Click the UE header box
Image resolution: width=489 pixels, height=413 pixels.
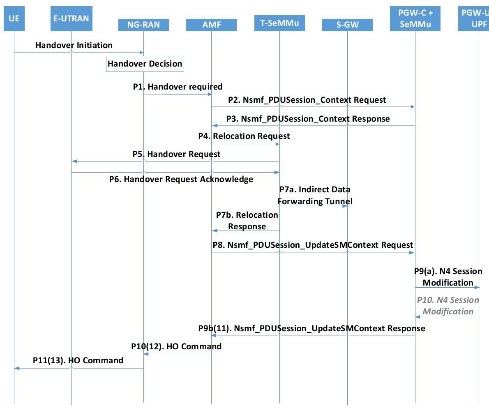(x=14, y=19)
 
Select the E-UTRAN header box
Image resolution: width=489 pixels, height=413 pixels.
(x=71, y=19)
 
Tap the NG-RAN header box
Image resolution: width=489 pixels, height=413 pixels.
(x=143, y=25)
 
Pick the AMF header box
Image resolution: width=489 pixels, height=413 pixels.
(x=211, y=25)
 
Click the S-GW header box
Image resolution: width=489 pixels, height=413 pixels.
(x=347, y=25)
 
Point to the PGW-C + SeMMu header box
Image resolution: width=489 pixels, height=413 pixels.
(x=415, y=19)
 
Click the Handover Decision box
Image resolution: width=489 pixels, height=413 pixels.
(x=145, y=64)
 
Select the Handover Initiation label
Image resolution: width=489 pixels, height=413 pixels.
(x=74, y=45)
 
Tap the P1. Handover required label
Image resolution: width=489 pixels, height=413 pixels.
(x=178, y=87)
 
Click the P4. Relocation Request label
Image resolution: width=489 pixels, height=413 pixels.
(x=244, y=136)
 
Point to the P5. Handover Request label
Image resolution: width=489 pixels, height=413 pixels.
(x=176, y=154)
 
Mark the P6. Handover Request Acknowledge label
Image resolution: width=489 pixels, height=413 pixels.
(x=181, y=179)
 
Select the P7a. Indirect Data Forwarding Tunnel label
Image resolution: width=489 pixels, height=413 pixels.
(x=315, y=196)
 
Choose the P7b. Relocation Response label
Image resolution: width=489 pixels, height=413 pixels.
(x=247, y=221)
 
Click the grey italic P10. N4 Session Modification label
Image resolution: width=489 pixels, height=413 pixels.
(x=448, y=306)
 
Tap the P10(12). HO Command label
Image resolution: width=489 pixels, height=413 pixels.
(x=176, y=346)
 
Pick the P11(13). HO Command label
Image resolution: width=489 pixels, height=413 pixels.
(x=78, y=360)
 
